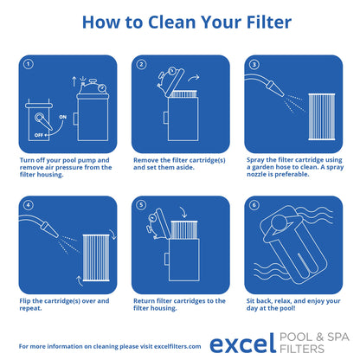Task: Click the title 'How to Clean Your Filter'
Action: point(180,22)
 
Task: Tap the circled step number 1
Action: point(29,65)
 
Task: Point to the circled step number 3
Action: point(254,65)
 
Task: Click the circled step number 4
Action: point(29,206)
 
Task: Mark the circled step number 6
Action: point(254,206)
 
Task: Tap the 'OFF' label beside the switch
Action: point(40,134)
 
